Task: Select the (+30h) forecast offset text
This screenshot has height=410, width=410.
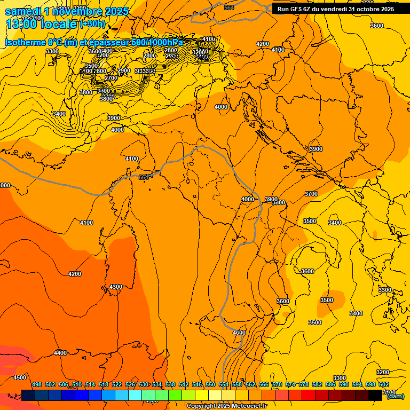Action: tap(92, 24)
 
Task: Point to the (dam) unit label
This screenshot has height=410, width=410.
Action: tap(395, 396)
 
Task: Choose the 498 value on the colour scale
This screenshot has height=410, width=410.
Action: tap(37, 384)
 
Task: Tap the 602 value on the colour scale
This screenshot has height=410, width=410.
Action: tap(384, 384)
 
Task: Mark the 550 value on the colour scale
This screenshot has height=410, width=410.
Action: tap(210, 384)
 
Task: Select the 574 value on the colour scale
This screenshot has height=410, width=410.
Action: tap(290, 384)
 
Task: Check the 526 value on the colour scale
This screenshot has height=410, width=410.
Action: tap(130, 384)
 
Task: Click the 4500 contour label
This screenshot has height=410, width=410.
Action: tap(19, 377)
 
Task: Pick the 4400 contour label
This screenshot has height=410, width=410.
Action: tap(60, 353)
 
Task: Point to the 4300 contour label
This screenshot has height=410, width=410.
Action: tap(115, 287)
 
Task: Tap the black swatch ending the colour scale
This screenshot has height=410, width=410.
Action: tap(375, 395)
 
